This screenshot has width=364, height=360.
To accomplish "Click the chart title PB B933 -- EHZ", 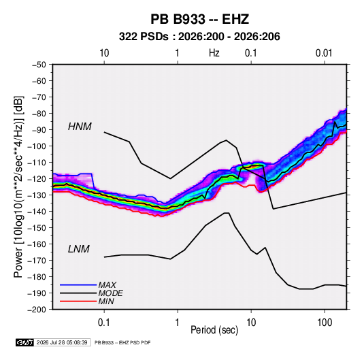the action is coord(199,19).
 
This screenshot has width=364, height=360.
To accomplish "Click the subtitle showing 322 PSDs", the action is coord(199,37).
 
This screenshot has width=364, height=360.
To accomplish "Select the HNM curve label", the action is coord(80,127).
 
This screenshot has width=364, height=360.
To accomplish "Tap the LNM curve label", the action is coord(79,249).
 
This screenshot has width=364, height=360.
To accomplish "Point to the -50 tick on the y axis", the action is coord(39,65).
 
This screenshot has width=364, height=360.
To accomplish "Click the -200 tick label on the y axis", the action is coord(37,310).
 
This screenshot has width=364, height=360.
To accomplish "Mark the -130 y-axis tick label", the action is coord(37,195).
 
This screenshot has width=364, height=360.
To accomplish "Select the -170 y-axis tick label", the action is coord(37,261).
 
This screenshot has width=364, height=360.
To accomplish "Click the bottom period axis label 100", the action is coord(325,323).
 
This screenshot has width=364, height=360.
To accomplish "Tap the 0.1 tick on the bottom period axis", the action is coord(104,323).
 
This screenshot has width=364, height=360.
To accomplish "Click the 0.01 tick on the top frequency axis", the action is coord(324,53).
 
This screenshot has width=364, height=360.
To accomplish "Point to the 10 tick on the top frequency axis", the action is coord(104,53).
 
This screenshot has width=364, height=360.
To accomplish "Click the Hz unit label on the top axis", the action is coord(214,53).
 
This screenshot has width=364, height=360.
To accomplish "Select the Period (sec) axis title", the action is coord(214,330).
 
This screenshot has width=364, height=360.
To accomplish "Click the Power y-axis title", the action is coord(18,186).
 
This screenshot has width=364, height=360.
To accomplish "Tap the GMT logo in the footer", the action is coord(25,342).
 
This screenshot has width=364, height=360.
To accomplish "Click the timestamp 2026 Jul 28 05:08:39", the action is coord(62,342).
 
